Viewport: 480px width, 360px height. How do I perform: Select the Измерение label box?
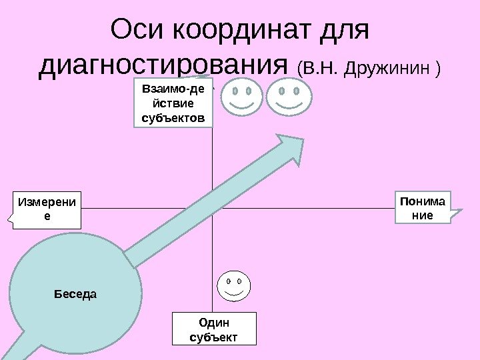point(46,210)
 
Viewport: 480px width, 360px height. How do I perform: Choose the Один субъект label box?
point(213,329)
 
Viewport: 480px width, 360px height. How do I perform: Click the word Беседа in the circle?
point(75,293)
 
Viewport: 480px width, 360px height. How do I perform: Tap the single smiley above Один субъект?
point(233,287)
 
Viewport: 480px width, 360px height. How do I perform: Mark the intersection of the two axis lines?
point(212,209)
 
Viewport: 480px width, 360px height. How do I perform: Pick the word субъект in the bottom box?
point(213,337)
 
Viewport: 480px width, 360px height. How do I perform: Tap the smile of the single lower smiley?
point(233,295)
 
